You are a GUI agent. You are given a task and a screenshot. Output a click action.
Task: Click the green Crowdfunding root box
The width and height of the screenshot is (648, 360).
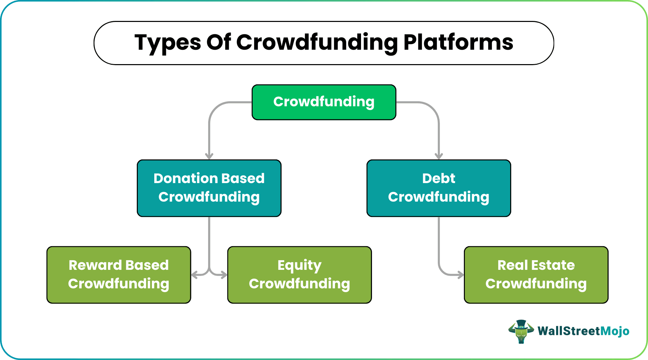pyautogui.click(x=324, y=102)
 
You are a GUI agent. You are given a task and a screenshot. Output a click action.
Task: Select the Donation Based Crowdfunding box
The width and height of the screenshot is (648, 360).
pyautogui.click(x=209, y=188)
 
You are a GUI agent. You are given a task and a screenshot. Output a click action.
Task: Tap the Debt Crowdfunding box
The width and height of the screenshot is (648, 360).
pyautogui.click(x=439, y=188)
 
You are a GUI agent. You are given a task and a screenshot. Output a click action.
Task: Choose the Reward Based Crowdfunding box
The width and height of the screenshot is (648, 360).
pyautogui.click(x=119, y=275)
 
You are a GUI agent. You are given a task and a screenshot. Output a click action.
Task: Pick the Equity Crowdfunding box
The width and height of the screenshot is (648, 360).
pyautogui.click(x=299, y=275)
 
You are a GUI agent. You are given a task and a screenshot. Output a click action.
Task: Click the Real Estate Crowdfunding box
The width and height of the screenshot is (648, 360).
pyautogui.click(x=536, y=275)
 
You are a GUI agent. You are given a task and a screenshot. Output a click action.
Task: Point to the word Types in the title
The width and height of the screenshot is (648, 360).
pyautogui.click(x=168, y=43)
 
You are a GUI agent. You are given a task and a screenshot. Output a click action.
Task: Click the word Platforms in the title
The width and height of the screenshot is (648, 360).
pyautogui.click(x=458, y=43)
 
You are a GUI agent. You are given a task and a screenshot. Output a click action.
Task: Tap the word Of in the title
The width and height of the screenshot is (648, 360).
pyautogui.click(x=218, y=43)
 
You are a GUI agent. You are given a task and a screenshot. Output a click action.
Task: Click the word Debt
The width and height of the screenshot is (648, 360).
pyautogui.click(x=439, y=178)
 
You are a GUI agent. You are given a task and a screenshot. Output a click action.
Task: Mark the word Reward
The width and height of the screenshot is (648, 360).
pyautogui.click(x=90, y=265)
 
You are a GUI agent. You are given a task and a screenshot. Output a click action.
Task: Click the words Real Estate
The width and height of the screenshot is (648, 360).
pyautogui.click(x=536, y=265)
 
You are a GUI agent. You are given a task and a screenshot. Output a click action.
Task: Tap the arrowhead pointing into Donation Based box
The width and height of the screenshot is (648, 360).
pyautogui.click(x=209, y=156)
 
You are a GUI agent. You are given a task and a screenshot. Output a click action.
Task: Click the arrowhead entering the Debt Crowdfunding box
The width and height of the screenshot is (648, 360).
pyautogui.click(x=439, y=156)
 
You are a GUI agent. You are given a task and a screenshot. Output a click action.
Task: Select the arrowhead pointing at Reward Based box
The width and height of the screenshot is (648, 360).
pyautogui.click(x=194, y=275)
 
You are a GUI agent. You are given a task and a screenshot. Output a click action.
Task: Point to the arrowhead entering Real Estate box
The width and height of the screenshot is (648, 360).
pyautogui.click(x=460, y=275)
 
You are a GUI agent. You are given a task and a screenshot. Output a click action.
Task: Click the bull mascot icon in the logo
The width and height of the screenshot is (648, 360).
pyautogui.click(x=521, y=331)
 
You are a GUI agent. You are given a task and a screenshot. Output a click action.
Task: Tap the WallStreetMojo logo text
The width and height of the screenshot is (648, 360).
pyautogui.click(x=583, y=331)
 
